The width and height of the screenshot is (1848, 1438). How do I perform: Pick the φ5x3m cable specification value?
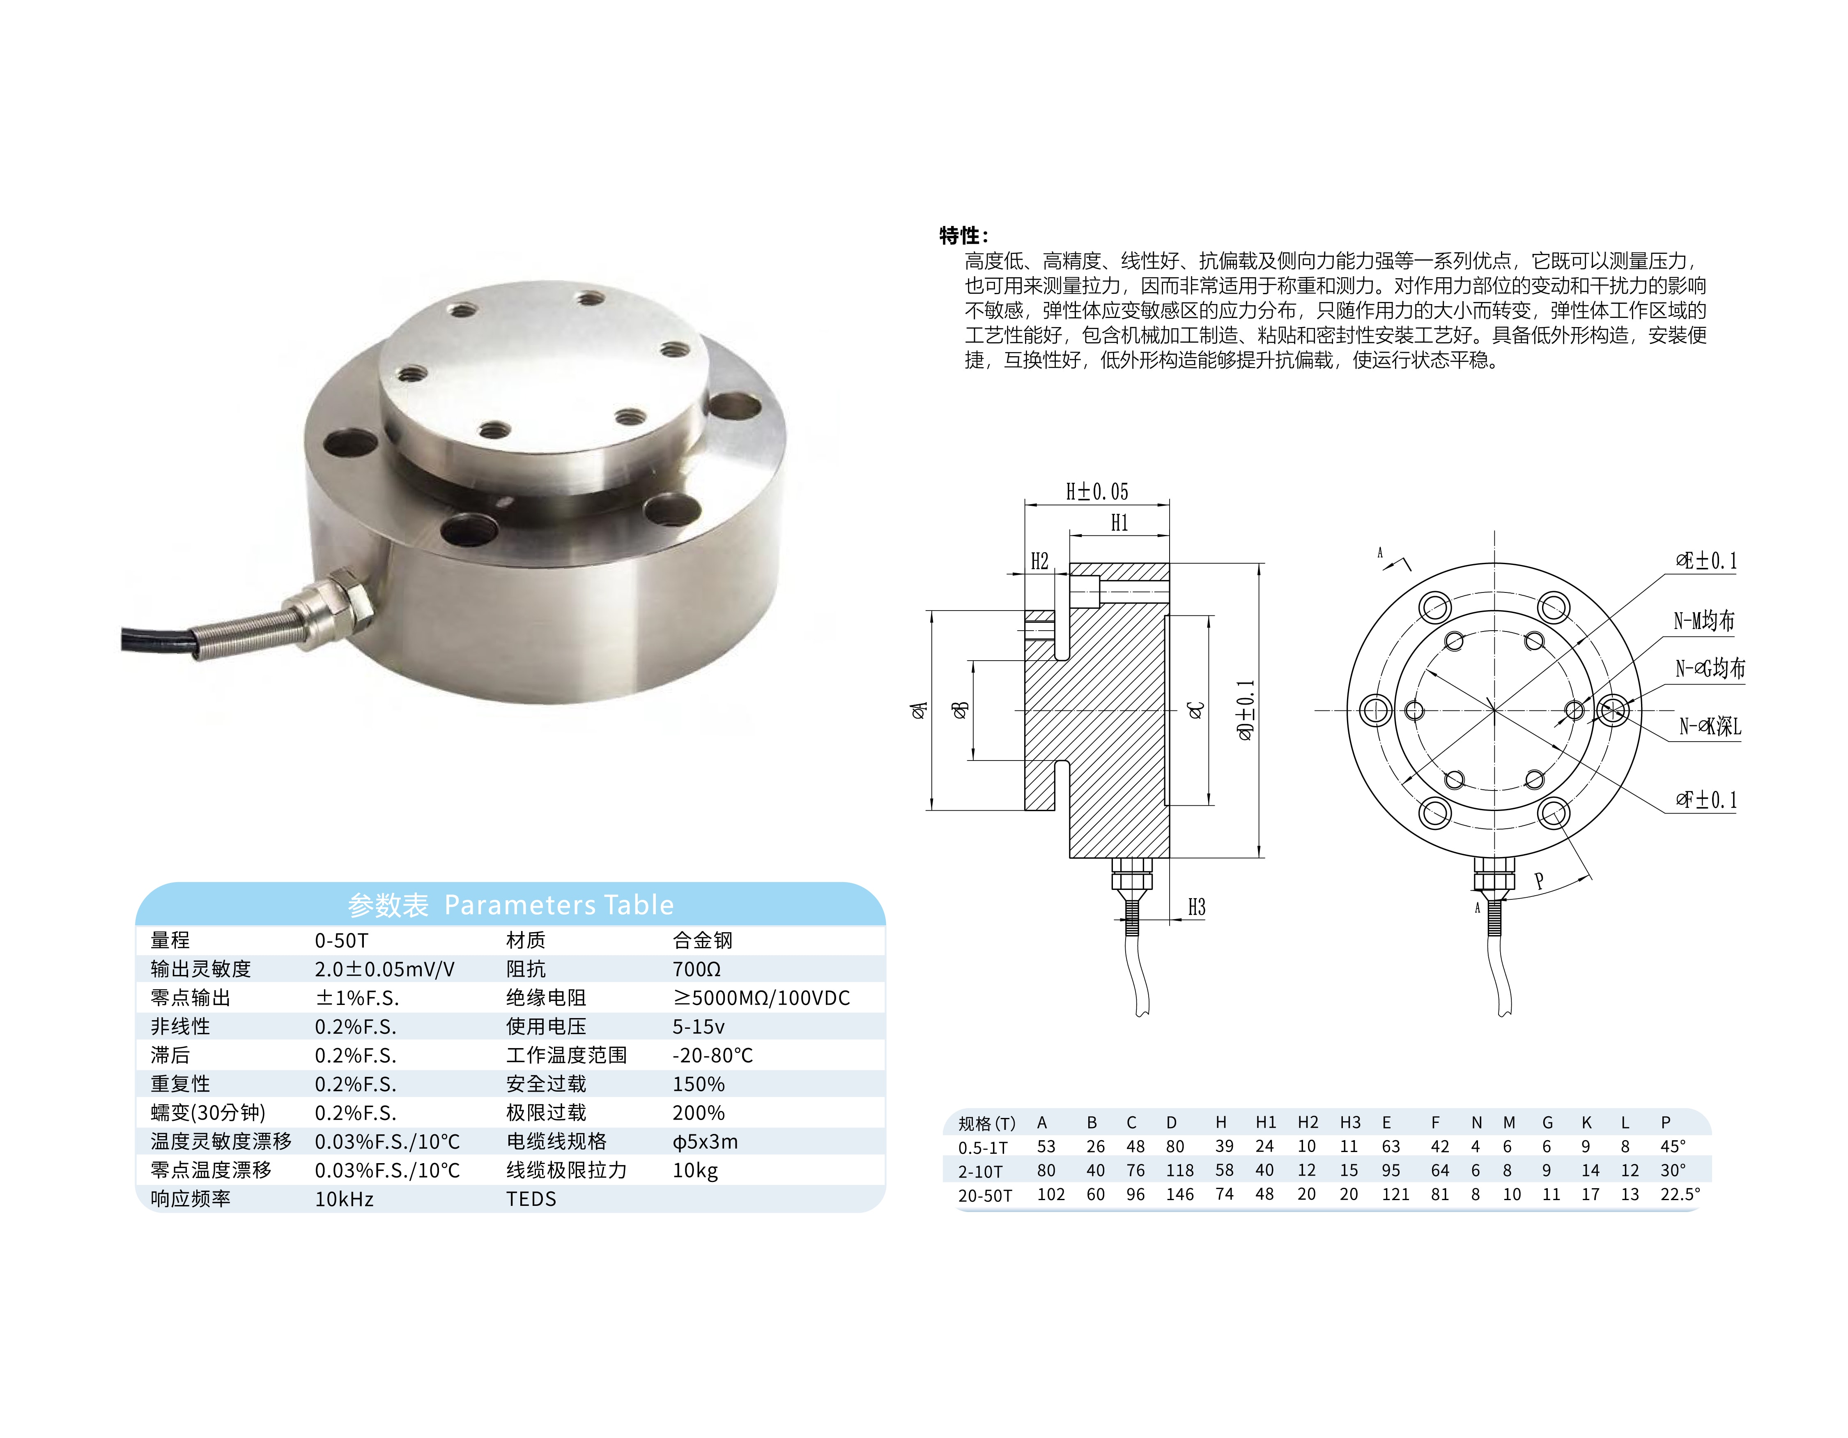(705, 1142)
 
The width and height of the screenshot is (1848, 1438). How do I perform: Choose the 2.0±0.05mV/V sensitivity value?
(385, 969)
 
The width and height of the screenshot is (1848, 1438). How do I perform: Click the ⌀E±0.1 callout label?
(1706, 560)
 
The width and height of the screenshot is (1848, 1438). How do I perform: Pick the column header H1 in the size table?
(1265, 1122)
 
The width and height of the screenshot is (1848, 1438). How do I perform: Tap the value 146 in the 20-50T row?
(1179, 1194)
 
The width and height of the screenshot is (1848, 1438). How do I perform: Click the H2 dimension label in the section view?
(1039, 561)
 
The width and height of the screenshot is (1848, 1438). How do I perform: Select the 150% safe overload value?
(698, 1084)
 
